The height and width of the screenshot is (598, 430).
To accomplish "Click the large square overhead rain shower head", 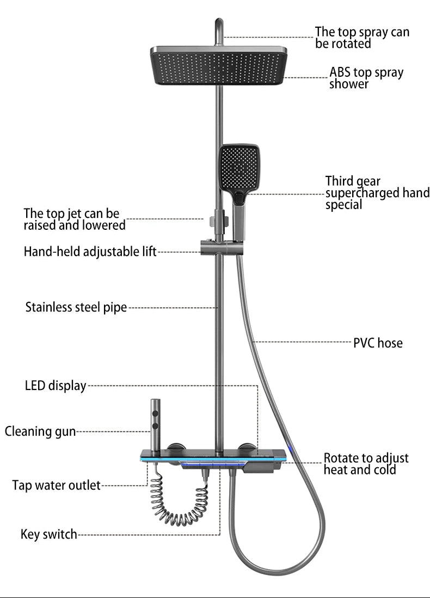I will point(219,65).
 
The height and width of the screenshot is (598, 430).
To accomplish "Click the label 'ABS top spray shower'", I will point(366,78).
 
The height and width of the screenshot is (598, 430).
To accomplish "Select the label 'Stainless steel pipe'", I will point(76,308).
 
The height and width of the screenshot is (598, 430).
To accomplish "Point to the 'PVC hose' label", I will point(378,343).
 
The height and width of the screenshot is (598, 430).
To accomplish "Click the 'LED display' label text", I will point(56,386).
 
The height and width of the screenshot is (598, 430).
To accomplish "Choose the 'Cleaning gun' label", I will point(40,432).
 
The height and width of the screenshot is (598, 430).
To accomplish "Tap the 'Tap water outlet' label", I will point(57,485).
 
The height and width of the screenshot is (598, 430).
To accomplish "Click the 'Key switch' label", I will point(49,534).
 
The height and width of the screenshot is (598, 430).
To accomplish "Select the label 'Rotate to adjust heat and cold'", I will point(366,464).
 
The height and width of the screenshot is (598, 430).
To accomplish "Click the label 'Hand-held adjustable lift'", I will point(90,252).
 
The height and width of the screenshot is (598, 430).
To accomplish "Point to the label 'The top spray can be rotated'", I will point(362,38).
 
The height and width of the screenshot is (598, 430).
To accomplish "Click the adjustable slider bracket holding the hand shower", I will point(215,249).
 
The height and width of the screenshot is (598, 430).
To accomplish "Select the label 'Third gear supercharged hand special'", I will point(377,193).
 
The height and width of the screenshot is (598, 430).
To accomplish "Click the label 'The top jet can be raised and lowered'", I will point(75,219).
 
